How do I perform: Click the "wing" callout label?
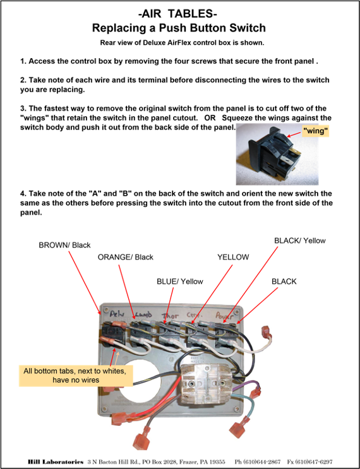[315, 131]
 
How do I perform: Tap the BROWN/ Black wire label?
[64, 246]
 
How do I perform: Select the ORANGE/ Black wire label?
[126, 258]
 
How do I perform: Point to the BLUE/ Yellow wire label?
[180, 282]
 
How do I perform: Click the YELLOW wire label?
[233, 258]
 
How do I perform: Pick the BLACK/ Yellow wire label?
[300, 240]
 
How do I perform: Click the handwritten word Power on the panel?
[225, 316]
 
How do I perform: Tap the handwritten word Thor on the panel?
[170, 316]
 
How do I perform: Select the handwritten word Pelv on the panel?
[117, 314]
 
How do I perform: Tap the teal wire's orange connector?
[239, 427]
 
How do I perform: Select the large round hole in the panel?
[140, 381]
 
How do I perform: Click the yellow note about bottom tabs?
[76, 376]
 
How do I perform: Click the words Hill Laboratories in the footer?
[56, 462]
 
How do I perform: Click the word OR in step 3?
[210, 118]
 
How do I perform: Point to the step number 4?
[23, 194]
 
